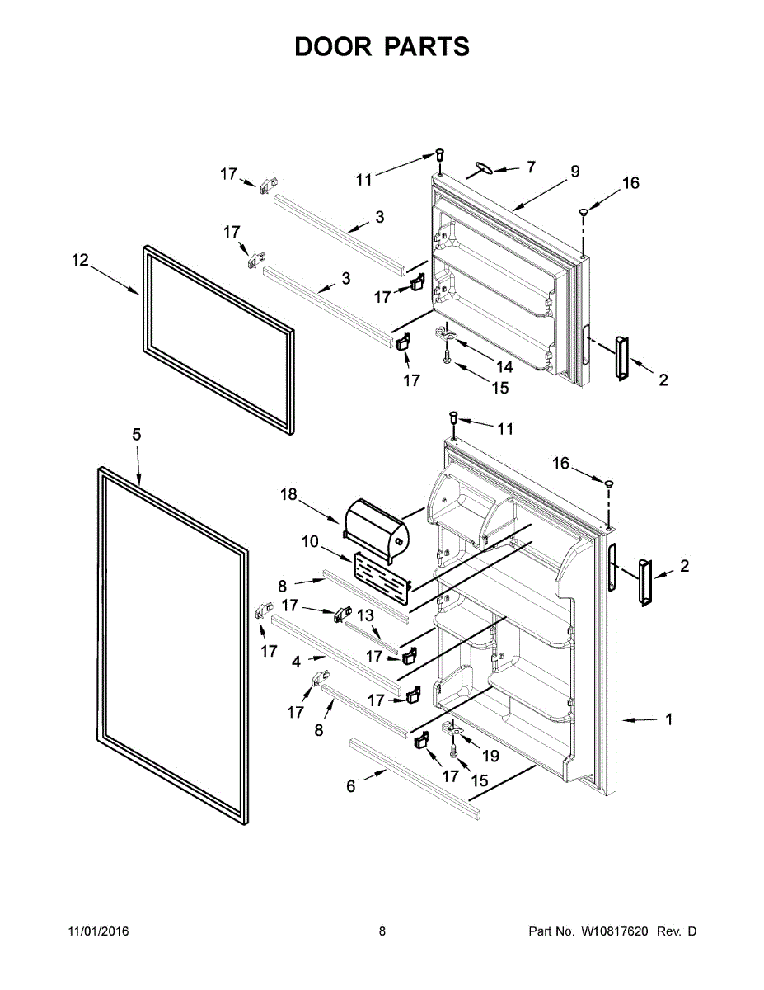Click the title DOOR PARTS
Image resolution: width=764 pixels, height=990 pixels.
[382, 47]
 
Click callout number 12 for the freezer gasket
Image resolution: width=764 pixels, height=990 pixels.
[79, 261]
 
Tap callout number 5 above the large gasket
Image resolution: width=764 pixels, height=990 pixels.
[136, 434]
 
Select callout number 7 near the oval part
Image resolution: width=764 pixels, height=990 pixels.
[531, 167]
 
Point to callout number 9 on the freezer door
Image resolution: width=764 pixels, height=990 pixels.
[574, 172]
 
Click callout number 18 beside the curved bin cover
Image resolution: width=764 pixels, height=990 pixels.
[288, 494]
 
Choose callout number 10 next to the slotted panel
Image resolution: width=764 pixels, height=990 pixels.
[309, 541]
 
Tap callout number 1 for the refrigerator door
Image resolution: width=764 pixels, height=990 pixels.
[668, 719]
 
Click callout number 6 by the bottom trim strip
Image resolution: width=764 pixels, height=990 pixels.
[351, 787]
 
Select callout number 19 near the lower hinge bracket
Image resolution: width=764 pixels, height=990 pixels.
[490, 755]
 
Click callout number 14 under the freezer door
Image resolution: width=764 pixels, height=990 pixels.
[504, 366]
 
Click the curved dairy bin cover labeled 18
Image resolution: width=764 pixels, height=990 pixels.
[376, 525]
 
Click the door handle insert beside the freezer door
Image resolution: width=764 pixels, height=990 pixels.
[620, 357]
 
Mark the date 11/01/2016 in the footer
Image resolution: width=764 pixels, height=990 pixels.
[98, 931]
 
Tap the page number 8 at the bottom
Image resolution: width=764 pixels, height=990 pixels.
[382, 931]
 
